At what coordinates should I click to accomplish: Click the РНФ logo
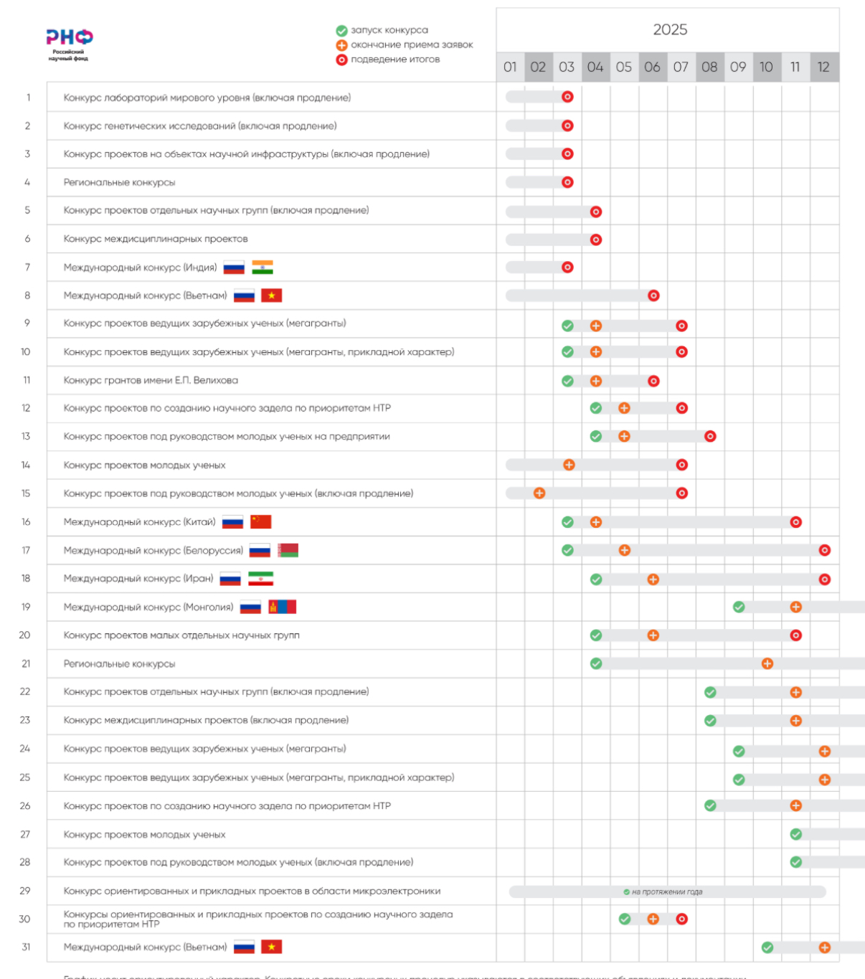click(70, 38)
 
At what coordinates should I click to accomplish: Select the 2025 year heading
click(670, 29)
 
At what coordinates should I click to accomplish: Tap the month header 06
click(652, 67)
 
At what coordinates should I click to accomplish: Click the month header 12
click(823, 67)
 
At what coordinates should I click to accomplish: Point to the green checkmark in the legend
click(341, 31)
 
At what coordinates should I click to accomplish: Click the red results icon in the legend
click(341, 60)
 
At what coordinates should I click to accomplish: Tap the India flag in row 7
click(263, 268)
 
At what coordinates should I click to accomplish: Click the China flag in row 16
click(261, 522)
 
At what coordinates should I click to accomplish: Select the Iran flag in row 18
click(260, 579)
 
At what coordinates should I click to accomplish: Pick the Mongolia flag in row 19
click(283, 607)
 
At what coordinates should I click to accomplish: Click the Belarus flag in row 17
click(288, 551)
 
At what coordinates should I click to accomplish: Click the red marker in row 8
click(653, 295)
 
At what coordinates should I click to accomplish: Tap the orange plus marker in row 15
click(539, 493)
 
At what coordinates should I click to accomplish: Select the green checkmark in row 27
click(795, 834)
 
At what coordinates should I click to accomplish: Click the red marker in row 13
click(710, 436)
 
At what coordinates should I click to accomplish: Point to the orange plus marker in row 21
click(767, 663)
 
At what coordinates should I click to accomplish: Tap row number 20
click(25, 635)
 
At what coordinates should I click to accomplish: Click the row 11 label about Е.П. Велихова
click(151, 380)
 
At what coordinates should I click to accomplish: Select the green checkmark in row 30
click(625, 919)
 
